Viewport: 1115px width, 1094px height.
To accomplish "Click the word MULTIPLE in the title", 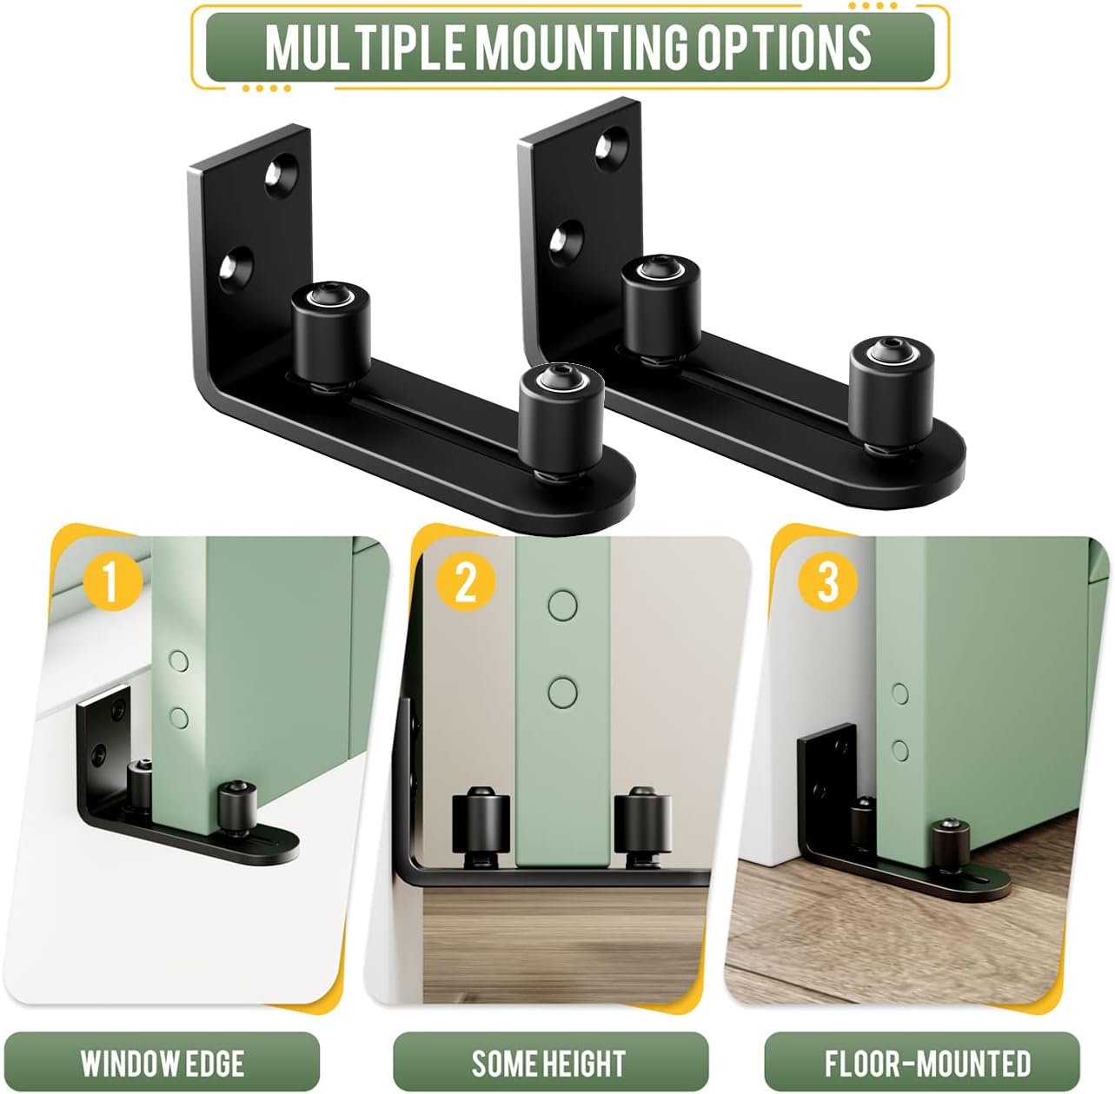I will [x=366, y=47].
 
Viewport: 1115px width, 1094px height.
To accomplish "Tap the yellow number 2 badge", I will [x=466, y=580].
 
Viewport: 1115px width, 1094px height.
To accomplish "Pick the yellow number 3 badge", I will [x=827, y=580].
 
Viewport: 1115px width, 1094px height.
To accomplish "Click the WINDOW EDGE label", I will [x=162, y=1063].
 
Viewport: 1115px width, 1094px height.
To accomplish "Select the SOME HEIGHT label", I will [x=549, y=1063].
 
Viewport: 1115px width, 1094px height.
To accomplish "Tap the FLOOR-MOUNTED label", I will [x=926, y=1063].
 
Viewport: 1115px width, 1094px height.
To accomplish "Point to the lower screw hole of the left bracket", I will [x=236, y=265].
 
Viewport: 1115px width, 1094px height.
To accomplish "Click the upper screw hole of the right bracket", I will [x=612, y=145].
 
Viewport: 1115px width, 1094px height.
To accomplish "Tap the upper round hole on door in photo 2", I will [x=562, y=606].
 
